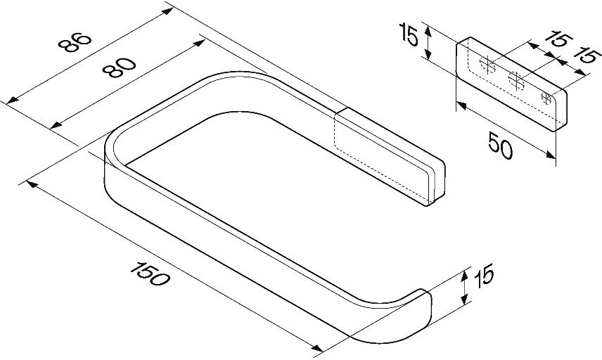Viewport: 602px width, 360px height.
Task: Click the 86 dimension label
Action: (x=75, y=42)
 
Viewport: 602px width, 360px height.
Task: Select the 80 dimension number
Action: (x=120, y=67)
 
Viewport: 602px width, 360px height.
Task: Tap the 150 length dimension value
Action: (x=150, y=274)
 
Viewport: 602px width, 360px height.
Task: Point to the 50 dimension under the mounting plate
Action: (x=500, y=145)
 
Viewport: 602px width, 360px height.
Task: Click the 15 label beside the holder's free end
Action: (x=484, y=276)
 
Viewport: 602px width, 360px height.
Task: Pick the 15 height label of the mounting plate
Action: (x=409, y=34)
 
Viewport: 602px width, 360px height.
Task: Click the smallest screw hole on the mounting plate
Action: (x=546, y=98)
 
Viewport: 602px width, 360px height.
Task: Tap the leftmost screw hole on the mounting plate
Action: (x=487, y=65)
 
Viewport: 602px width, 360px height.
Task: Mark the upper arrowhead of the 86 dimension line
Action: (x=167, y=11)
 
